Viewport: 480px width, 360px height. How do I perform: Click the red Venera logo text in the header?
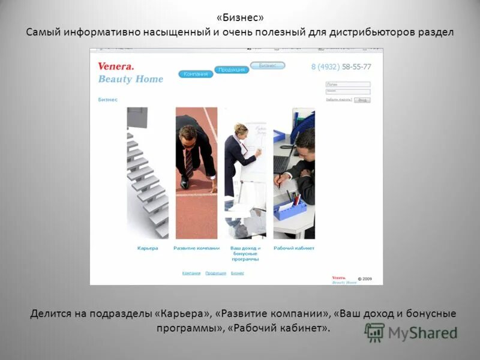coord(116,67)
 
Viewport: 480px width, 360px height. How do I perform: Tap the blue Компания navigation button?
coord(196,74)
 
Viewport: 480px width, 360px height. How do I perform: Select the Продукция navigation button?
coord(231,70)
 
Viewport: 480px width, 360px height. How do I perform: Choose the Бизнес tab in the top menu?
coord(267,65)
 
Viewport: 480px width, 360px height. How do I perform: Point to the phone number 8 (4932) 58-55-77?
coord(341,67)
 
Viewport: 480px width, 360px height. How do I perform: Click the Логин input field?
coord(348,85)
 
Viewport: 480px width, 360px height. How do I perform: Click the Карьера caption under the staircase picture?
coord(148,248)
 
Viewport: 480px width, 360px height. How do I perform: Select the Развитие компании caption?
coord(196,248)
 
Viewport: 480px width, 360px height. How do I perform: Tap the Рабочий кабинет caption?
coord(294,248)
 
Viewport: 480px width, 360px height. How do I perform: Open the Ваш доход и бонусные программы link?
coord(245,253)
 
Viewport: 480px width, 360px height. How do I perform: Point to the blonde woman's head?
coord(241,130)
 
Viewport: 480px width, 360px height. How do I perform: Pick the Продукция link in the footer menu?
coord(215,273)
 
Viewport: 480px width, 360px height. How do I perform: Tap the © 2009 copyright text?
coord(365,278)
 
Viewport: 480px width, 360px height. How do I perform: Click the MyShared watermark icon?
coord(375,332)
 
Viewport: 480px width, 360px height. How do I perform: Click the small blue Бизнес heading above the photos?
coord(108,100)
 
